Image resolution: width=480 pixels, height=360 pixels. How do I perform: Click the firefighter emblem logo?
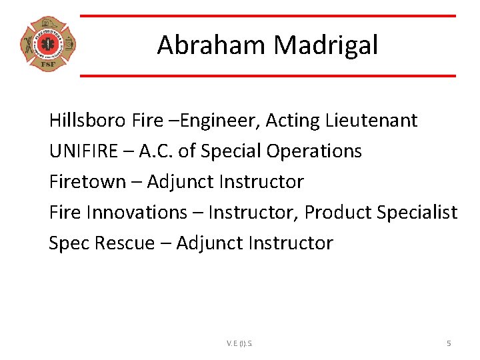[x=47, y=45]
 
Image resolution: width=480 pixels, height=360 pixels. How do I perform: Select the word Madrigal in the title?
[x=326, y=45]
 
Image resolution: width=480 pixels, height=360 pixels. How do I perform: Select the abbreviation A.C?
[x=157, y=151]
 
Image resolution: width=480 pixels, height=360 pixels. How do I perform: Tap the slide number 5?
[x=449, y=343]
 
